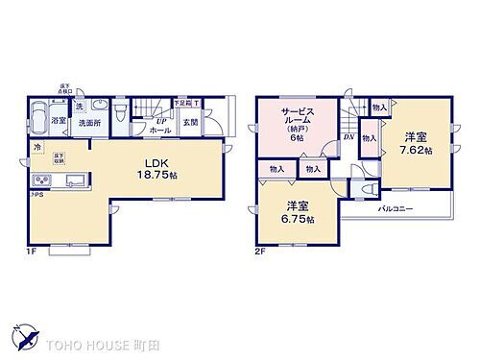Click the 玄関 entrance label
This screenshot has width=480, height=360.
point(191,123)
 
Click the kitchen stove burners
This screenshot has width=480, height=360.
point(43,183)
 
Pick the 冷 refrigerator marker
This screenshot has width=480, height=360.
point(37,148)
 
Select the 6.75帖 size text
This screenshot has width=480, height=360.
point(294,215)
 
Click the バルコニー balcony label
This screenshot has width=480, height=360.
point(394,208)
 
